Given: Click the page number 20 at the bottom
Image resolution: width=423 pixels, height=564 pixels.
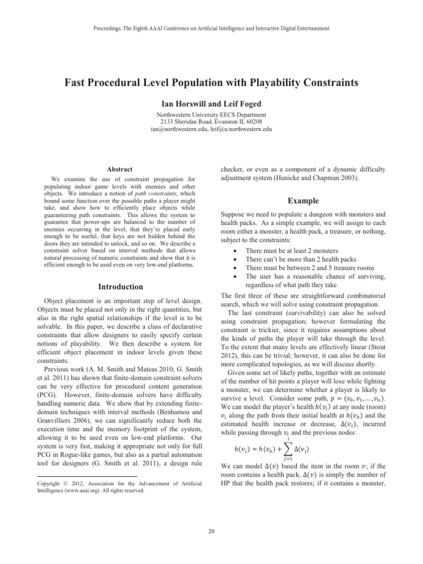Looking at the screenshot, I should (x=211, y=531).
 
